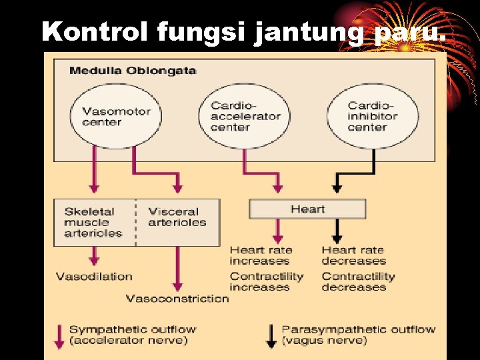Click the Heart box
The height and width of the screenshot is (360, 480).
[x=307, y=209]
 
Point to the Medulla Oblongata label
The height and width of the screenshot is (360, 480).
[x=133, y=71]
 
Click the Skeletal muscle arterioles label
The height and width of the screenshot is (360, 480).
[x=93, y=223]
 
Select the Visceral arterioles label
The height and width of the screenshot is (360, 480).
[x=177, y=217]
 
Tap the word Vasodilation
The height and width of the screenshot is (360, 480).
[x=94, y=277]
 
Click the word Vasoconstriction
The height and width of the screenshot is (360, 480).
[x=177, y=299]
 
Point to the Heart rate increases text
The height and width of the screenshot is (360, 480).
[x=261, y=255]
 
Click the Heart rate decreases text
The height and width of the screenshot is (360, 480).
[x=353, y=255]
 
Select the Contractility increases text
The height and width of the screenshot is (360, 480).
[x=266, y=281]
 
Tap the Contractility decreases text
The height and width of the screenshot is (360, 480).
[x=358, y=281]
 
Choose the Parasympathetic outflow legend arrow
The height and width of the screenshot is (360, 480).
[x=271, y=335]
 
